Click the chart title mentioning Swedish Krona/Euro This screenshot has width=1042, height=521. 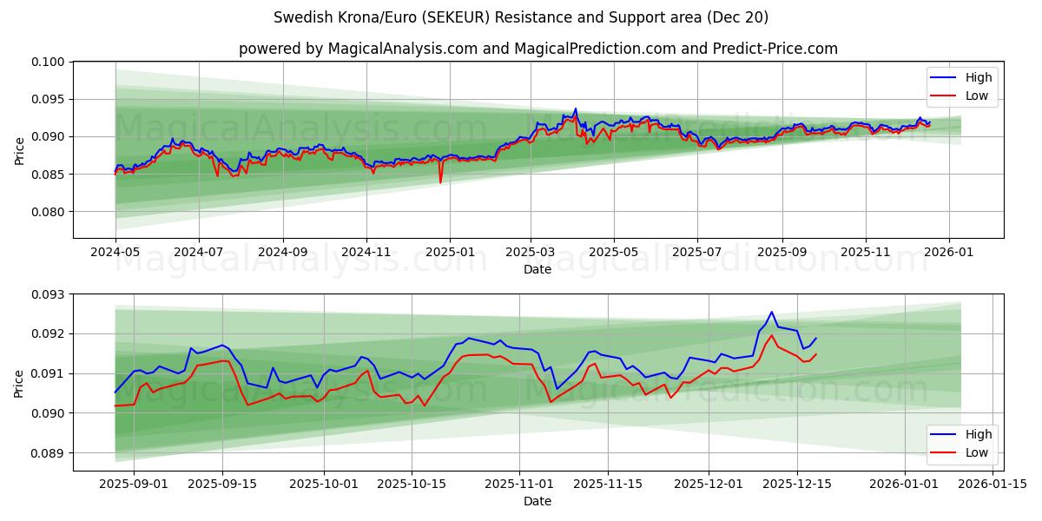(x=520, y=17)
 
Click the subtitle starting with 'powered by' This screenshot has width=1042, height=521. (x=538, y=49)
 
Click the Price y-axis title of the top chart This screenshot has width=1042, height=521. (x=20, y=150)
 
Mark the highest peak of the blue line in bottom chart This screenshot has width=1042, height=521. (x=771, y=312)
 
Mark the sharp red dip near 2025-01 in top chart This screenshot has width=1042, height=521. (x=440, y=182)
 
